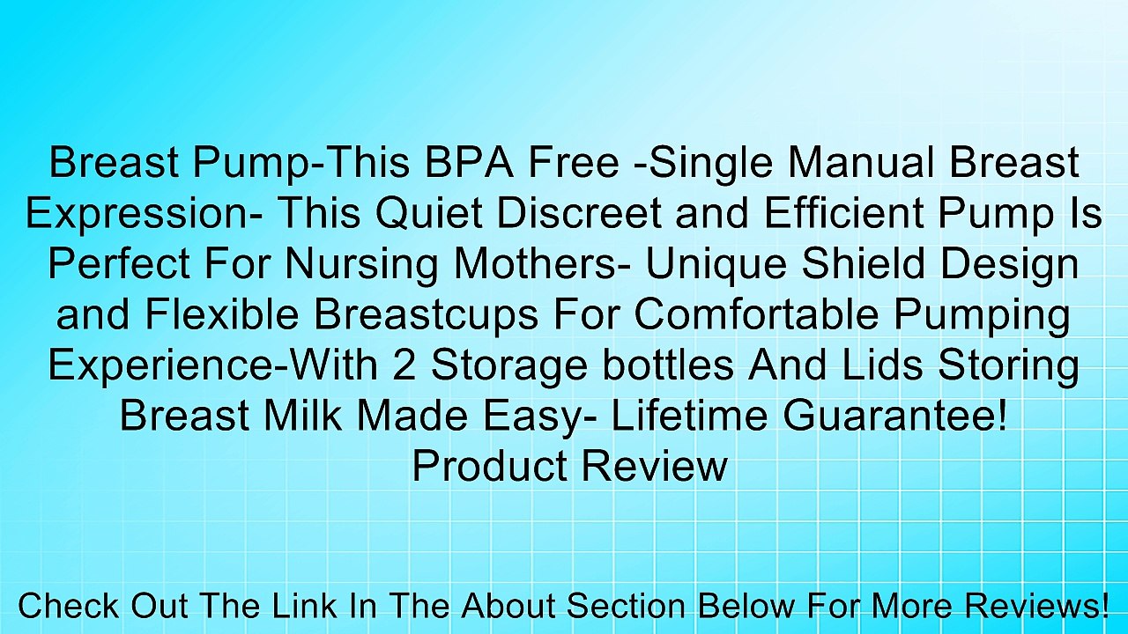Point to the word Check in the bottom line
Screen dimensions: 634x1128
70,607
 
